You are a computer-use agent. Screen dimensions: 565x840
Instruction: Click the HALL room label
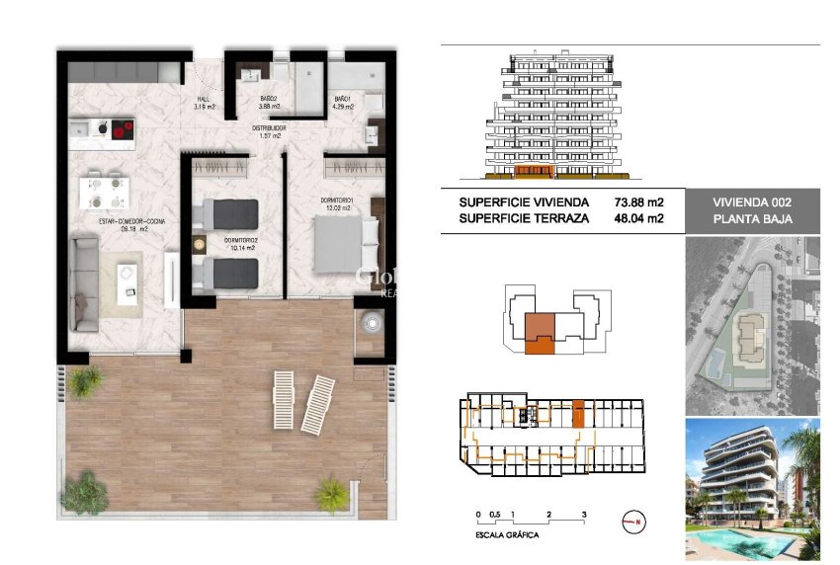point(205,100)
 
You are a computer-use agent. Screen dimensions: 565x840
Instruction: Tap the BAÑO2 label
point(268,100)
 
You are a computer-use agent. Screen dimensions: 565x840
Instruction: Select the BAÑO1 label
point(342,100)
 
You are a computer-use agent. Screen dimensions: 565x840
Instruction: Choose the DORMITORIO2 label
point(241,240)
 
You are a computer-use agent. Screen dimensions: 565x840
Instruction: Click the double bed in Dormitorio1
point(344,243)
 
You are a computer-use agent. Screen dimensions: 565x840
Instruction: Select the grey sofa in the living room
point(86,281)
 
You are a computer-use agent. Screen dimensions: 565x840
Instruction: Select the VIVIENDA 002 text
point(752,202)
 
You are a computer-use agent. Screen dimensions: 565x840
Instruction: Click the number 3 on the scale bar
point(585,515)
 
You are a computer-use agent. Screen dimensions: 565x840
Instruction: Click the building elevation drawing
point(556,118)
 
